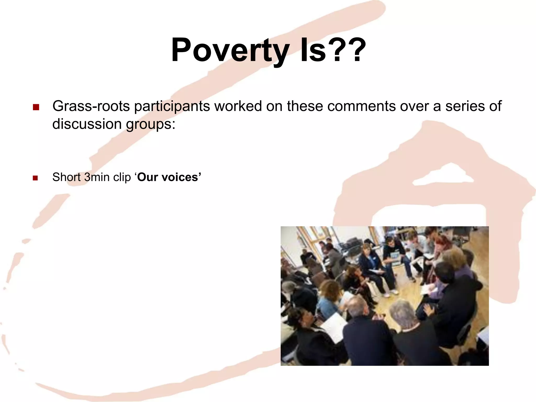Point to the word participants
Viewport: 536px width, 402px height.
(172, 106)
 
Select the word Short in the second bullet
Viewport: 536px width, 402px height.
(66, 177)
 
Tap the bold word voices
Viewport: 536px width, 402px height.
(181, 177)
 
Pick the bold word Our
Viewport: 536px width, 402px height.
(148, 177)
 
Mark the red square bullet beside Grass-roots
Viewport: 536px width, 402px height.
(36, 107)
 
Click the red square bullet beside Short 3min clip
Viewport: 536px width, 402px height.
(35, 178)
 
